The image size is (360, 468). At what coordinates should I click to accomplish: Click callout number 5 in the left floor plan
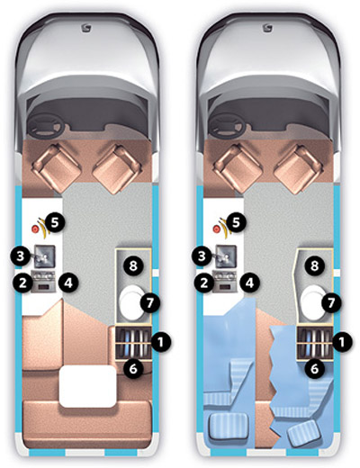coord(55,223)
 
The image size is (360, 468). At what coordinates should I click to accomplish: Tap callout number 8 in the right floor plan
coord(314,265)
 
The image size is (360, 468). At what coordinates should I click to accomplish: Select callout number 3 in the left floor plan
coord(20,256)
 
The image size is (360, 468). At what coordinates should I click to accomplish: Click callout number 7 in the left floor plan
coord(150,303)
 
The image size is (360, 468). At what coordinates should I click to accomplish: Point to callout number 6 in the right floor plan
coord(314,369)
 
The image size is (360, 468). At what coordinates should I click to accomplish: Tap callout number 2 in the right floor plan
coord(204,283)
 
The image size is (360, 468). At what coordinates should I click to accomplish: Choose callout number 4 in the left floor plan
coord(68,283)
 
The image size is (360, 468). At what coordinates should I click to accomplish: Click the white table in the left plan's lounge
coord(88,386)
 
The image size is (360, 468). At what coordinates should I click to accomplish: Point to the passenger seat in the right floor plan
coord(299,168)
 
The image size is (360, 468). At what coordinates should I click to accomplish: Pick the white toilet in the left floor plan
coord(131,302)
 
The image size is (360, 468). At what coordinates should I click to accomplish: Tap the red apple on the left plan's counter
coord(35,229)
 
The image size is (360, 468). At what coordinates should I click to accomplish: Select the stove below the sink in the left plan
coord(44,282)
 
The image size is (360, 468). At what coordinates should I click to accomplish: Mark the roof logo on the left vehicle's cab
coord(86,29)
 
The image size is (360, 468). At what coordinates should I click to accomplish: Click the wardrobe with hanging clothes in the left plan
coord(133,342)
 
